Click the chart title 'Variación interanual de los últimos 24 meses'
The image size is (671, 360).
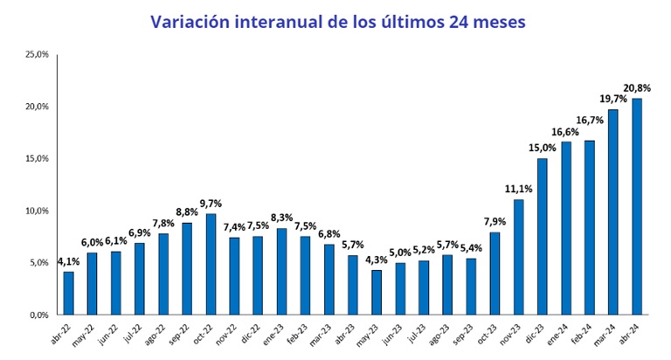(x=338, y=22)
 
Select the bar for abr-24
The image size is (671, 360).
(x=637, y=206)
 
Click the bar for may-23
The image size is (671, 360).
(x=377, y=292)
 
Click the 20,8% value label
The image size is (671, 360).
(x=635, y=87)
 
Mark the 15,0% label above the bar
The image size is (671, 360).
(x=542, y=148)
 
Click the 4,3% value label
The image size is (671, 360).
(x=377, y=260)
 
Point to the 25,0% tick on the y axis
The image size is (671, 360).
(x=37, y=54)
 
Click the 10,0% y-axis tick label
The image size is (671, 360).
(x=37, y=211)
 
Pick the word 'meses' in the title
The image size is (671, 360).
(x=493, y=22)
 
